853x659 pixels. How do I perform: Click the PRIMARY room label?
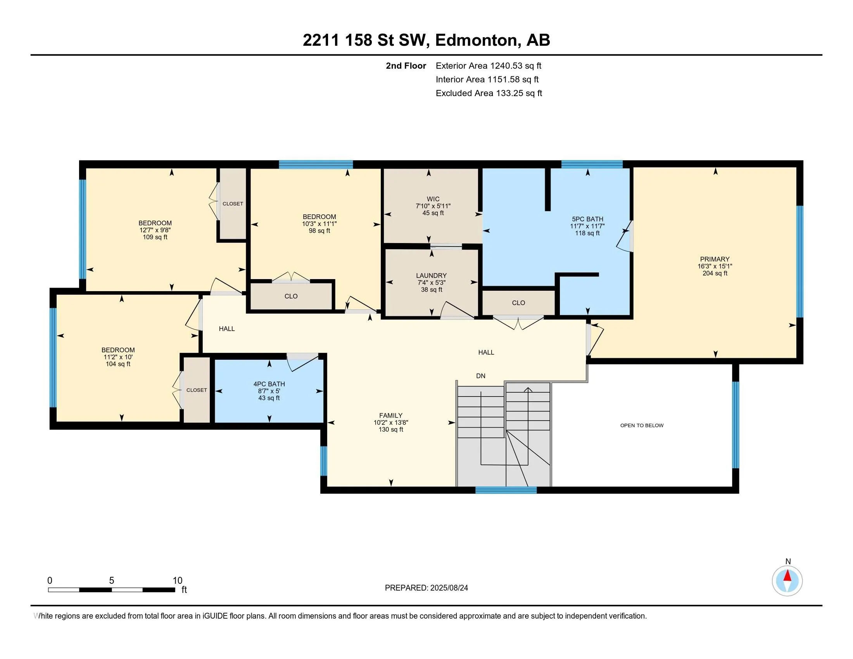point(715,259)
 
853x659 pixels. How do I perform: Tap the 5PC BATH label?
point(587,219)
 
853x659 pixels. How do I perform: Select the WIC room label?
point(433,199)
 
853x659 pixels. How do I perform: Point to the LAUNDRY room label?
point(431,276)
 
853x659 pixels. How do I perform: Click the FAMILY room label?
point(390,416)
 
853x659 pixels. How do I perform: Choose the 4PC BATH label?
point(269,384)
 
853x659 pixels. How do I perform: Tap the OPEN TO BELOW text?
point(642,426)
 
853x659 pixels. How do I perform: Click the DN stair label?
point(481,376)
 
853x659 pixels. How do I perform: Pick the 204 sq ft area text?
point(715,273)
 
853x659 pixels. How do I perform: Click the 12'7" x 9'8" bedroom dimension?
point(155,230)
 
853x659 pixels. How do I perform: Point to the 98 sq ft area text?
point(319,231)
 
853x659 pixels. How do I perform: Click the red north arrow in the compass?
point(787,576)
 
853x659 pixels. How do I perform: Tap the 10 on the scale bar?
point(178,581)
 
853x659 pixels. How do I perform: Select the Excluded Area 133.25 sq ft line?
point(489,93)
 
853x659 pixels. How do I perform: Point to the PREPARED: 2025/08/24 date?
point(427,588)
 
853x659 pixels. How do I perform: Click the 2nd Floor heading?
point(406,66)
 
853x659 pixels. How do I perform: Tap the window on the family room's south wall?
point(506,490)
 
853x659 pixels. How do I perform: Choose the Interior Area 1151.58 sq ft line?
point(487,79)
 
